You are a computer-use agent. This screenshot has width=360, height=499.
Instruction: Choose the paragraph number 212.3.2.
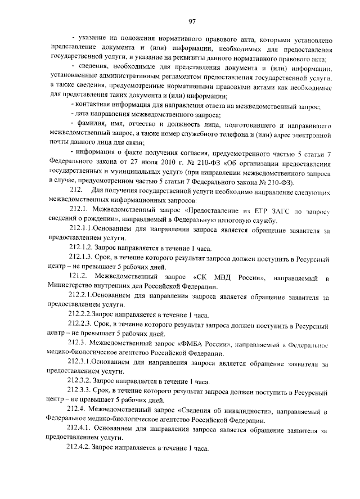(80, 380)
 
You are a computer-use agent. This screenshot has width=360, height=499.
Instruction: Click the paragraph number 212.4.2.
(80, 449)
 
